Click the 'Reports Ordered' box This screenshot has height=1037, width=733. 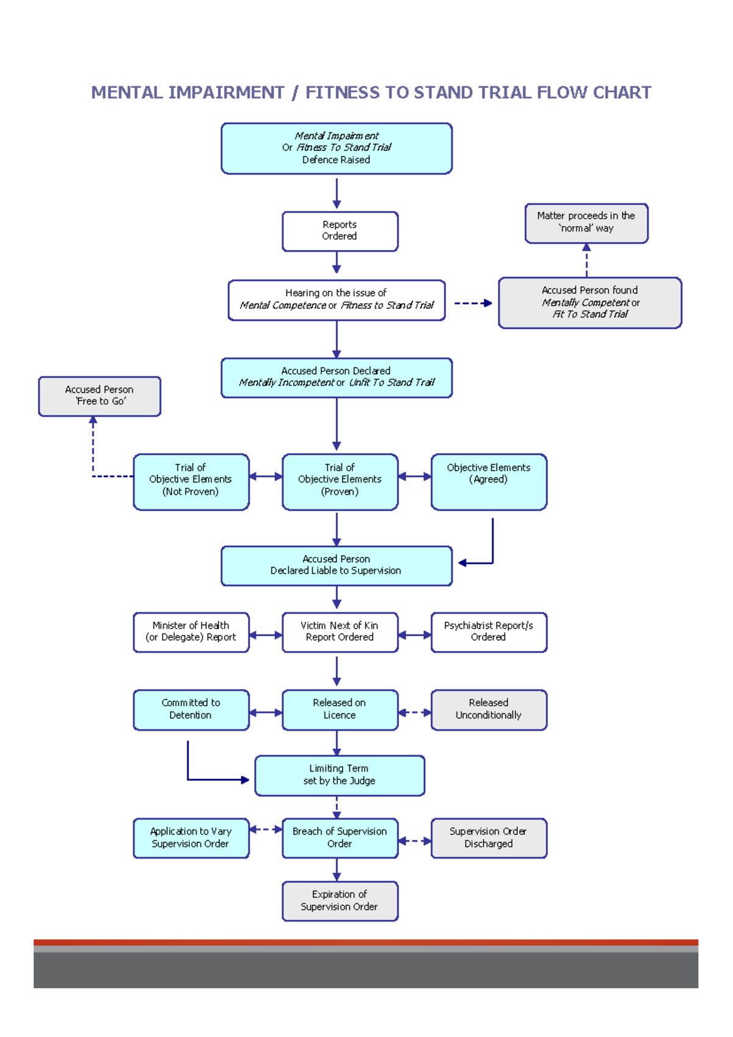click(340, 231)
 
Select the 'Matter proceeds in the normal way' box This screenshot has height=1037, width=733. click(586, 223)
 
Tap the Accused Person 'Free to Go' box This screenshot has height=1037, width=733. click(100, 396)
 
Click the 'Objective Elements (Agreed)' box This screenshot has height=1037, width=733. click(489, 481)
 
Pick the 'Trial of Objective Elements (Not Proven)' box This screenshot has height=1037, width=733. click(191, 481)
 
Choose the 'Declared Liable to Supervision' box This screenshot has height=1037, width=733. click(336, 566)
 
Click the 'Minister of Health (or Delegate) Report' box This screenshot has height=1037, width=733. click(191, 632)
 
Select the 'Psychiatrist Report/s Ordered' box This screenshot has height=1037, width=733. click(489, 632)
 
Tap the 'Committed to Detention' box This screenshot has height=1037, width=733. click(191, 709)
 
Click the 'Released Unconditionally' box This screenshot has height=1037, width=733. click(489, 709)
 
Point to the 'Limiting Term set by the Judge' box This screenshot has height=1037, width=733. click(339, 775)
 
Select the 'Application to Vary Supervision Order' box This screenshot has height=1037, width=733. click(191, 838)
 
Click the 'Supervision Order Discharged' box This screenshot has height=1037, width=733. click(489, 838)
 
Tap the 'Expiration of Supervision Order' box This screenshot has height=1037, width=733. click(339, 901)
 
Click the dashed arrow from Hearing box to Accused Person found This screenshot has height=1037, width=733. click(472, 303)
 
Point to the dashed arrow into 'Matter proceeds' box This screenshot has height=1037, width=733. click(586, 260)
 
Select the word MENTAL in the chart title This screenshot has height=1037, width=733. click(127, 92)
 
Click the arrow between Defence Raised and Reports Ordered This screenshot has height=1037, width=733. click(337, 193)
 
